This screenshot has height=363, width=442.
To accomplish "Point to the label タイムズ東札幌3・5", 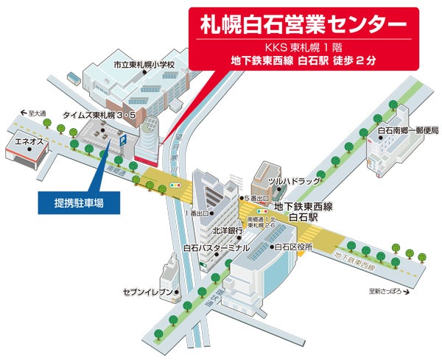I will tap(99, 116).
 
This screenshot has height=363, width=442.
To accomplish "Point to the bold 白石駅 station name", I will tap(303, 219).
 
